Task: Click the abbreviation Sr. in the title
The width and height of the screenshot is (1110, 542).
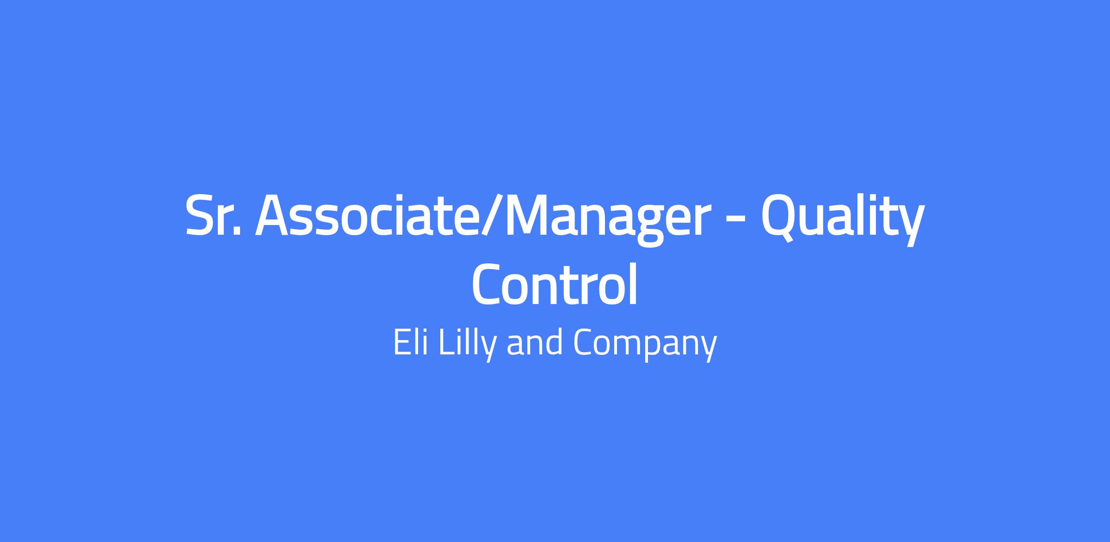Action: (213, 215)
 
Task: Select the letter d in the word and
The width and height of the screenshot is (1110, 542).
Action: (555, 342)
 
